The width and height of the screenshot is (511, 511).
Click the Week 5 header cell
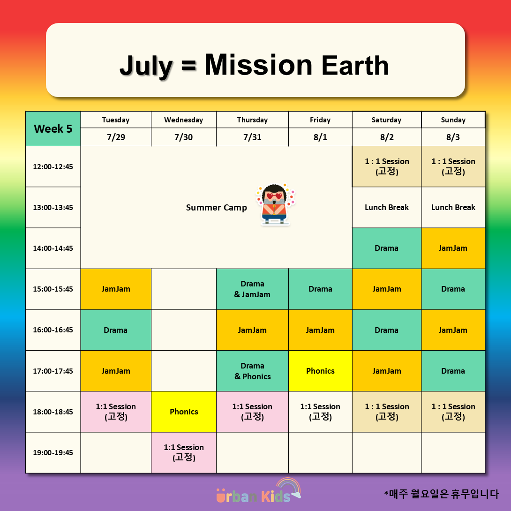click(53, 129)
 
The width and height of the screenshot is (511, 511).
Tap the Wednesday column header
click(183, 120)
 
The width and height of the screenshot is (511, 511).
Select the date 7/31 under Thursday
click(252, 137)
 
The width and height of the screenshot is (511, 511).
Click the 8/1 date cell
click(320, 137)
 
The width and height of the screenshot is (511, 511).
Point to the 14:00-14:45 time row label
click(53, 248)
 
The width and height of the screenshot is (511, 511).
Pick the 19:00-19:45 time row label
click(53, 453)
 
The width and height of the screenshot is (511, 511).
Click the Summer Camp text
click(217, 208)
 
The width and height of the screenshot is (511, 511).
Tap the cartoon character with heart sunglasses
click(275, 204)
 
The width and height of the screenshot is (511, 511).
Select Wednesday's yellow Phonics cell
click(184, 412)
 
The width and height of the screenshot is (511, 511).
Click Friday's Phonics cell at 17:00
click(320, 371)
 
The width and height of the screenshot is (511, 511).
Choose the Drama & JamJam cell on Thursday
click(252, 289)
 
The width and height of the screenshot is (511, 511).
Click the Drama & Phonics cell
click(252, 371)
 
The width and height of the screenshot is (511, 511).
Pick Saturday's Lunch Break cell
click(387, 207)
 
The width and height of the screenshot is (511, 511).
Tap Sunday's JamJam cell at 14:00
click(453, 248)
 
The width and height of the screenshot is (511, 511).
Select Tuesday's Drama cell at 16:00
click(116, 330)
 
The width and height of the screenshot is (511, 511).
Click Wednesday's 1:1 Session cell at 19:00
click(184, 453)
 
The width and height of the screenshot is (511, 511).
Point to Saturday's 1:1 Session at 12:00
click(387, 166)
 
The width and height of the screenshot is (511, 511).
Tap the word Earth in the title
click(355, 66)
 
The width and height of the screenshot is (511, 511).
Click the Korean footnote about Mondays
click(441, 494)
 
